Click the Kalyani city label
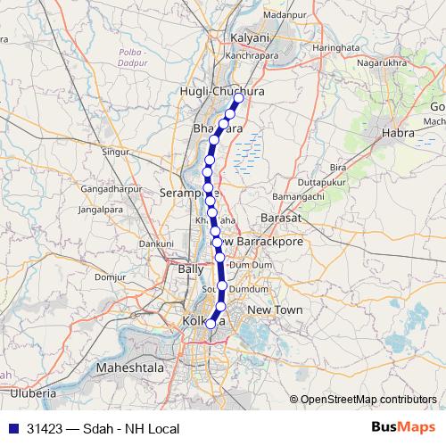(250, 39)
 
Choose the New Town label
(275, 310)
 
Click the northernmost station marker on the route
(238, 99)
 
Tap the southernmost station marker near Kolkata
(211, 324)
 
